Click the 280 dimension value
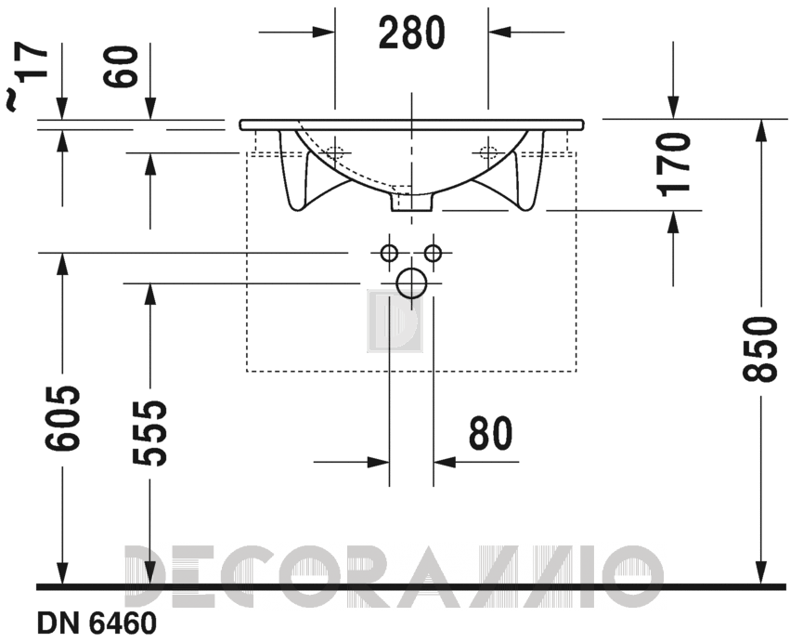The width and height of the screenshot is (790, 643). click(x=411, y=33)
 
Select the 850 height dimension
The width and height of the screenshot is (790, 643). click(x=757, y=349)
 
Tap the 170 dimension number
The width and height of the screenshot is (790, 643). click(x=674, y=164)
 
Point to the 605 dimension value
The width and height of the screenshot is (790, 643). click(x=62, y=418)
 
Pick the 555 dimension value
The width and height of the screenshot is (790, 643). click(x=149, y=432)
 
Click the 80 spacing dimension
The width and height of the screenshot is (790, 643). click(x=490, y=434)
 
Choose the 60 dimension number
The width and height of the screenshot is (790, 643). click(x=121, y=67)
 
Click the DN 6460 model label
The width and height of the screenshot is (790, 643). click(x=97, y=623)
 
